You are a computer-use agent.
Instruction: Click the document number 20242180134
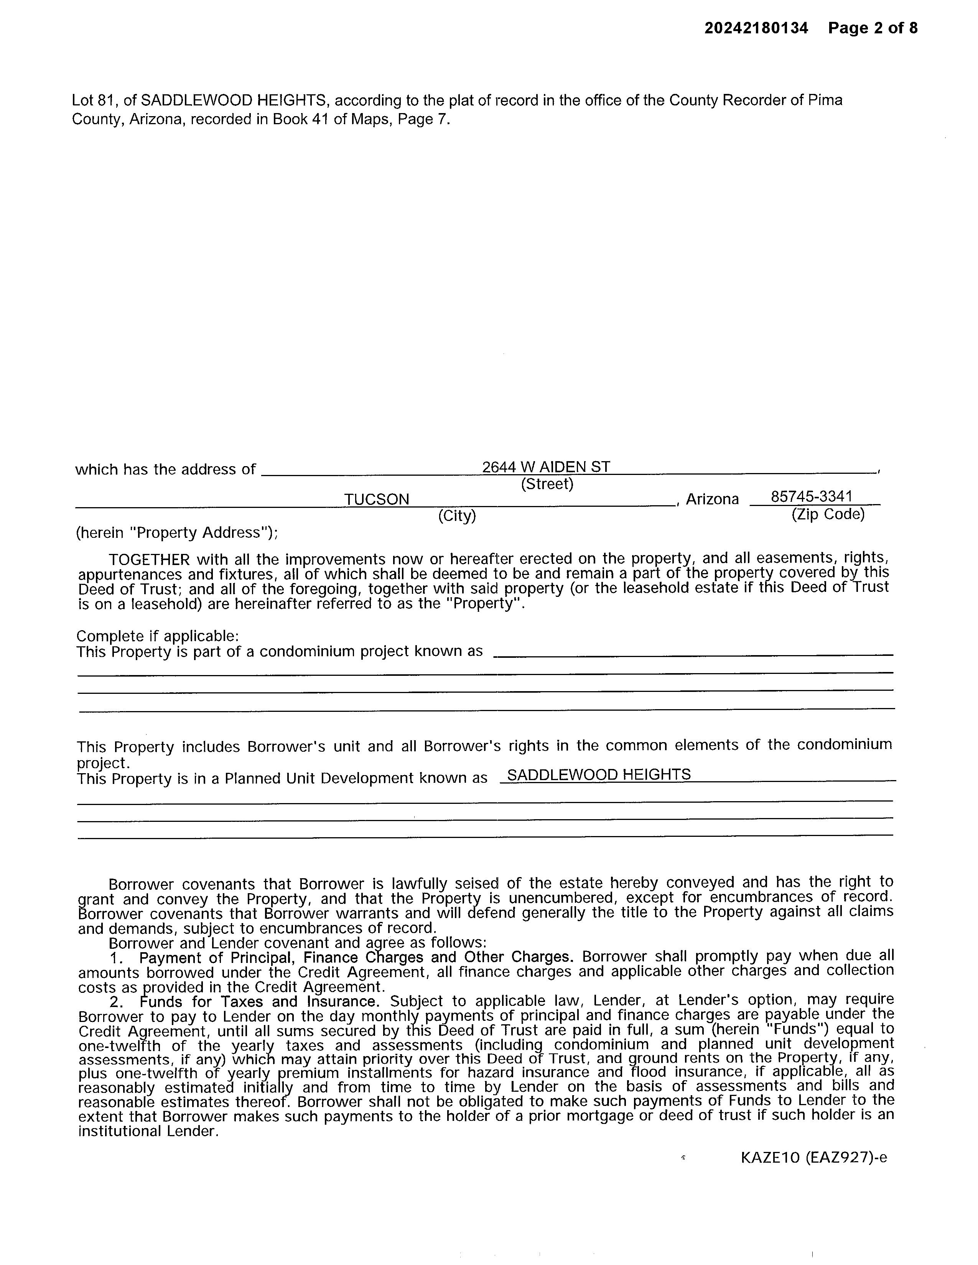click(x=756, y=28)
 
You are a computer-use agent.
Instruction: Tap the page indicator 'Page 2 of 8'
click(x=873, y=28)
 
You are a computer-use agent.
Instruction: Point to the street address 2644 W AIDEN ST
click(x=546, y=467)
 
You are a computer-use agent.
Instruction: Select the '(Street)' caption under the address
click(x=547, y=484)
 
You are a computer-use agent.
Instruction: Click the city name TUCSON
click(x=377, y=499)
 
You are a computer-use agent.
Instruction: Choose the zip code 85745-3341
click(x=811, y=497)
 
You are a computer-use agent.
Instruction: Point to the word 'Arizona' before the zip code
click(x=712, y=499)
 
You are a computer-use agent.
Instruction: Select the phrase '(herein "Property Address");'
click(x=177, y=532)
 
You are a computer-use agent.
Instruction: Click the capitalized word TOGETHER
click(x=149, y=560)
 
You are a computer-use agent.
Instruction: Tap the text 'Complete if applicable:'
click(x=158, y=636)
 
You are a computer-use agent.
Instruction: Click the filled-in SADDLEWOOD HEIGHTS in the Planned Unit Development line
click(x=599, y=774)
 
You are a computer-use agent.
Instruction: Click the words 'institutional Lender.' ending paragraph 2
click(x=148, y=1130)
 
